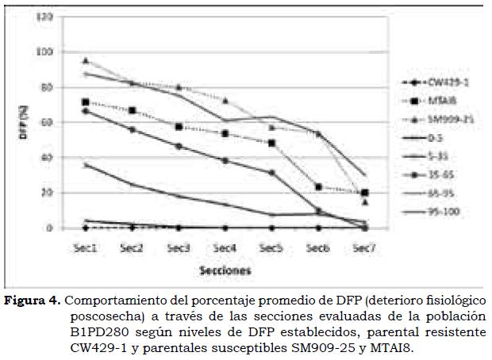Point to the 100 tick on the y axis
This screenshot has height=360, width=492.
(48, 52)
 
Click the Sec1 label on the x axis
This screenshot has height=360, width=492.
(86, 247)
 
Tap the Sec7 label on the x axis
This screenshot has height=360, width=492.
(363, 247)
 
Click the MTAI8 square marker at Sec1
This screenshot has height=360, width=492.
(86, 102)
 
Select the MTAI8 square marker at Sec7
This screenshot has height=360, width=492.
(364, 193)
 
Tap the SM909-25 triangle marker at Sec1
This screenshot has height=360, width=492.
(86, 60)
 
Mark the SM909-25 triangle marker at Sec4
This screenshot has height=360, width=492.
(225, 101)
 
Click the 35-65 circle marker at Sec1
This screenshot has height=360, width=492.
(86, 111)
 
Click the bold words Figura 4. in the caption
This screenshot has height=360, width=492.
(33, 301)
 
